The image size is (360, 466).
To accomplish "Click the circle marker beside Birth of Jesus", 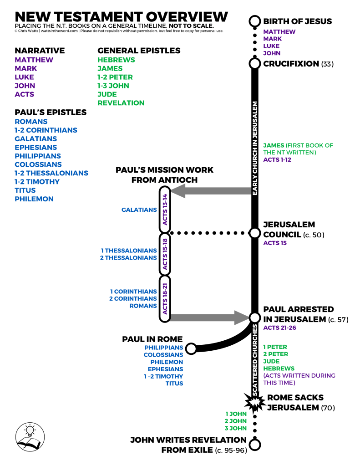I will (255, 21).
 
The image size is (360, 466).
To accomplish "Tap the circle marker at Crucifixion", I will (255, 63).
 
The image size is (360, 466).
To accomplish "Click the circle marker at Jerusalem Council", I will (255, 233).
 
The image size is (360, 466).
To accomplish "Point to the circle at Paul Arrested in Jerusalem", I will (255, 317).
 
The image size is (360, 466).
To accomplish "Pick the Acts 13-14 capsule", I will (165, 210).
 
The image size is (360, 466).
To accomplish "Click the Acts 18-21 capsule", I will (165, 298).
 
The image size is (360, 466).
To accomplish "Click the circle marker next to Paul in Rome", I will (191, 348).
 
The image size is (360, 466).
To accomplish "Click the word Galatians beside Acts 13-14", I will (139, 210).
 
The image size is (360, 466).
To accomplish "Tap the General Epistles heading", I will (139, 51).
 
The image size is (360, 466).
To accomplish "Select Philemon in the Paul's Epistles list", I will (34, 199).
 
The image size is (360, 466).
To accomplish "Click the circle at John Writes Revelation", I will (255, 445).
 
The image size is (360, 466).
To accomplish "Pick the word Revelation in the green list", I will (121, 103).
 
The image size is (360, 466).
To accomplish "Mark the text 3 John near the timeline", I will (235, 428).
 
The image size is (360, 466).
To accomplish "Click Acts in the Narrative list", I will (25, 94).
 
